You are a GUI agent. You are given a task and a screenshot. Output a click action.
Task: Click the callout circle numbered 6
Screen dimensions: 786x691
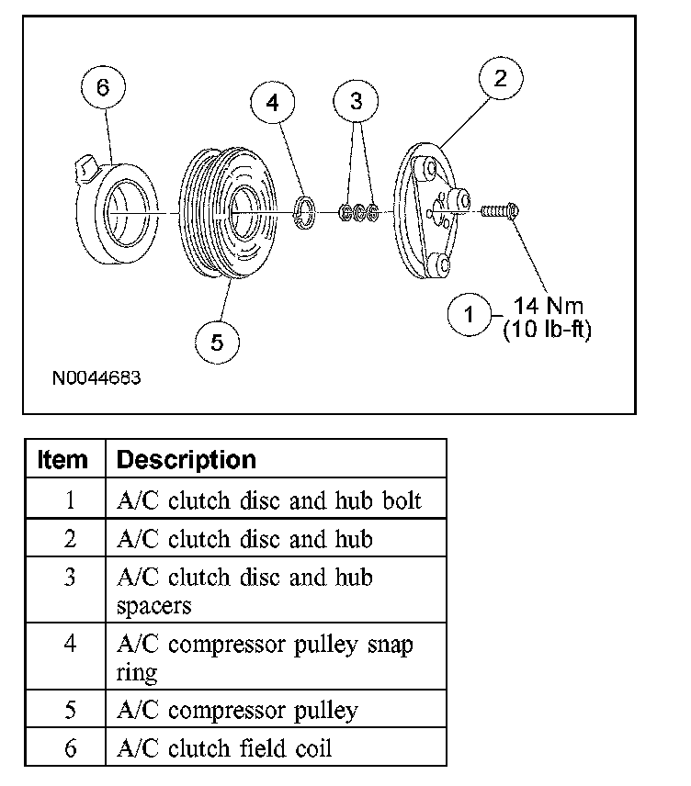(x=102, y=89)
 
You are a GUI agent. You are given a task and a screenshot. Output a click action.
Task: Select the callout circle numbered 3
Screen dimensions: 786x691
(x=357, y=102)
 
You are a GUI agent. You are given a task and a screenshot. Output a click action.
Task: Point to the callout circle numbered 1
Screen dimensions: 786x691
(x=470, y=317)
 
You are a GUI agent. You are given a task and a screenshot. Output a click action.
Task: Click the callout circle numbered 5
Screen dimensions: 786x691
(x=217, y=342)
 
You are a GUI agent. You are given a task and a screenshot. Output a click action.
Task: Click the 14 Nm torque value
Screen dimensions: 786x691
(x=549, y=306)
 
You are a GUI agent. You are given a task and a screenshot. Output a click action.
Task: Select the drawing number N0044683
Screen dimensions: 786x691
(x=97, y=377)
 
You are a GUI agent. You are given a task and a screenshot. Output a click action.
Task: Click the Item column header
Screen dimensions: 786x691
(x=63, y=459)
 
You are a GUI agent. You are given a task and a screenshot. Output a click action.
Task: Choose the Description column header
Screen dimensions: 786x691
(x=187, y=459)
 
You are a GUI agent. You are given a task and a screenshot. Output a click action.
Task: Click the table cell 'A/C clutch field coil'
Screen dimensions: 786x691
(x=224, y=748)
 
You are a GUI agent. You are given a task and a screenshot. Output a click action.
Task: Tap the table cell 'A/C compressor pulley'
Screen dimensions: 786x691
(x=237, y=711)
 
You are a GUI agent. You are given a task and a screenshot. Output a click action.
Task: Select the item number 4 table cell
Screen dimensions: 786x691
(x=70, y=644)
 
